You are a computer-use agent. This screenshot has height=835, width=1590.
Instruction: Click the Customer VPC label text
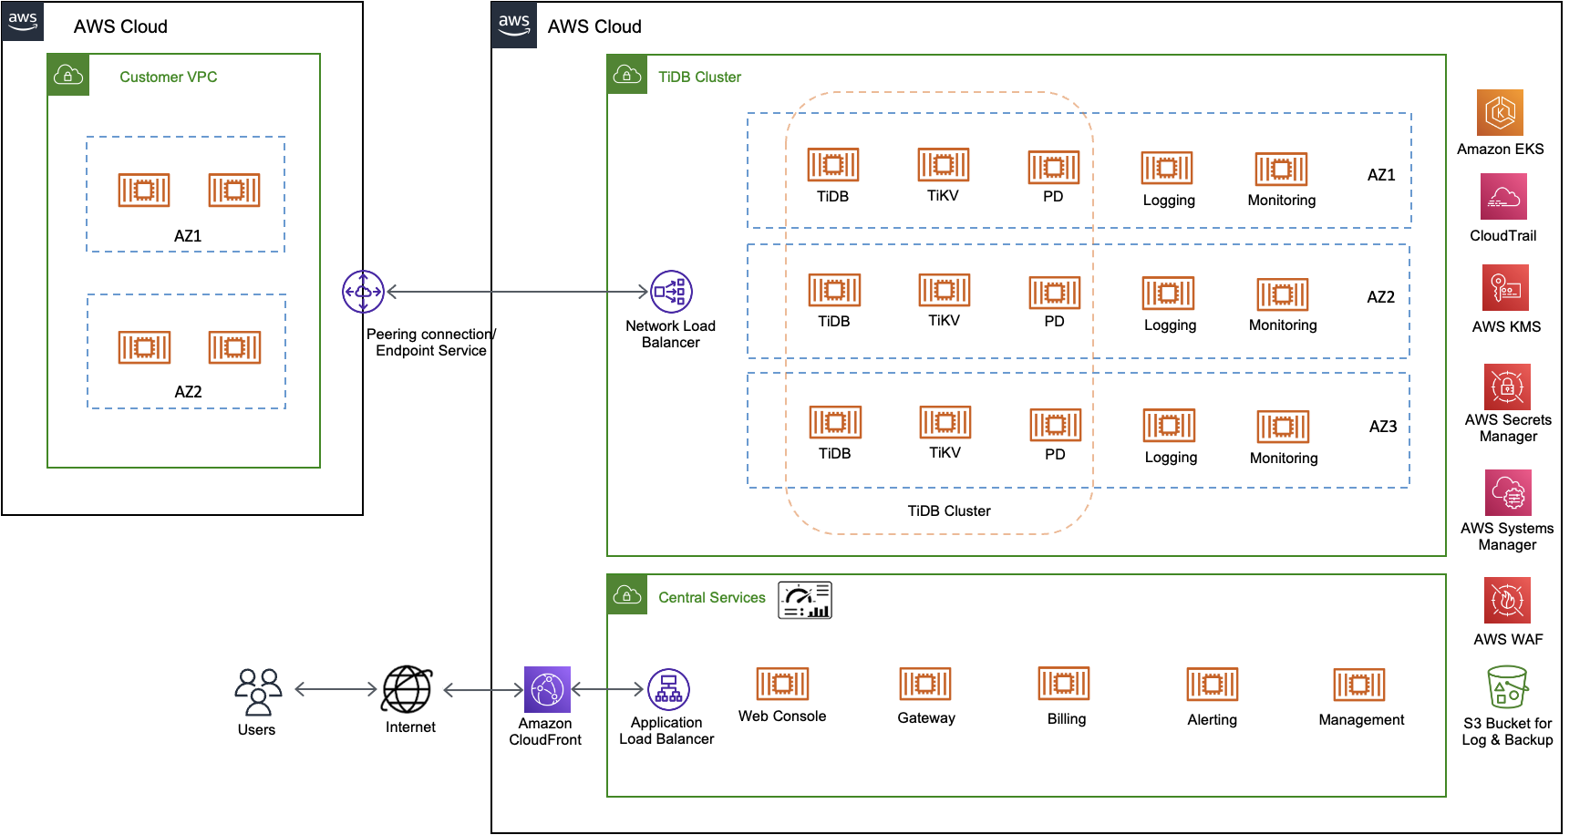coord(168,77)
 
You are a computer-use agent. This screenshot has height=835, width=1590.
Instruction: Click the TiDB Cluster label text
coord(699,77)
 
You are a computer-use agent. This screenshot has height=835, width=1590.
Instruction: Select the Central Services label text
coord(711,597)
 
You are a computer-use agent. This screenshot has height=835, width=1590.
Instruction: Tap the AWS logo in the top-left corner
coord(22,20)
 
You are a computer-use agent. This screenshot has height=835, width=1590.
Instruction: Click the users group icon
coord(258,691)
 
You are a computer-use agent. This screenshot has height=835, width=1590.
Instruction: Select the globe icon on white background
coord(406,689)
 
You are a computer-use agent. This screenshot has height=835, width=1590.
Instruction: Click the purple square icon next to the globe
coord(547,689)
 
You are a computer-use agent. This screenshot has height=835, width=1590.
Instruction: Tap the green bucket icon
coord(1507,686)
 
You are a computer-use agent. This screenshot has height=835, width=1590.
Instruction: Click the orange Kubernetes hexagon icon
coord(1500,112)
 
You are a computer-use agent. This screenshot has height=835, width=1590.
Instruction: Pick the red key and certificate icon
coord(1505,287)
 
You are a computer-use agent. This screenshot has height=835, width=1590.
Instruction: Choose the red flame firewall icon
coord(1507,600)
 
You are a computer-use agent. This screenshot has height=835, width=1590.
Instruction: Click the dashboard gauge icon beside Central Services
coord(805,601)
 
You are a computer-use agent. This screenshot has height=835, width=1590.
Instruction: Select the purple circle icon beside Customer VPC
coord(363,292)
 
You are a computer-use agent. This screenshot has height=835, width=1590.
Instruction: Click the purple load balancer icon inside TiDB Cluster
coord(671,292)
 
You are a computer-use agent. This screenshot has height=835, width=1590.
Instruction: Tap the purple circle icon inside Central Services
coord(668,689)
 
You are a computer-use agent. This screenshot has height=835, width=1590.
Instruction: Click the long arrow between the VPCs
coord(517,292)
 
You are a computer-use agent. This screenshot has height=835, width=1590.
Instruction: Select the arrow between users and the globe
coord(335,689)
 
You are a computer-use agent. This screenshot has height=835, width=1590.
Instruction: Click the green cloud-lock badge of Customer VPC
coord(68,75)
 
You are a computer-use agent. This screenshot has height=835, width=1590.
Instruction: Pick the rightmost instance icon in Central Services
coord(1358,685)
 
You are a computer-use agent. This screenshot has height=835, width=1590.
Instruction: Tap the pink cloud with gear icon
coord(1508,492)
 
